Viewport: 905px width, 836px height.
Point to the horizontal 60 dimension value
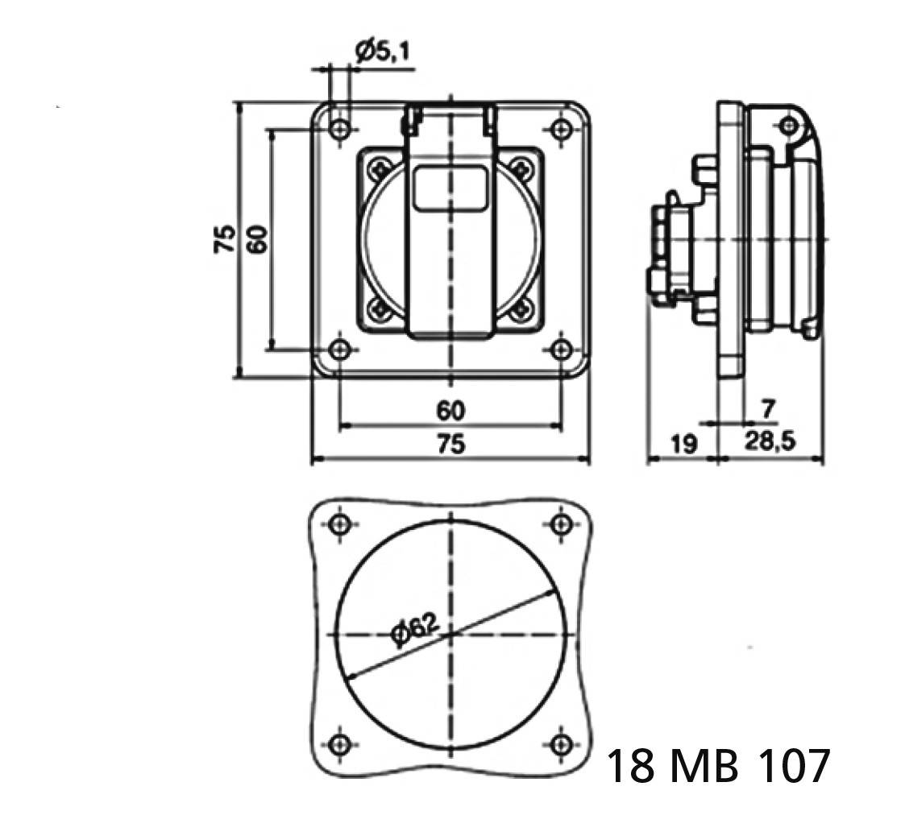[x=450, y=411]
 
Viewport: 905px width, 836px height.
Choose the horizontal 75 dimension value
[x=450, y=444]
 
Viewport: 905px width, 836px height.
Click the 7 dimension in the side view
[x=767, y=409]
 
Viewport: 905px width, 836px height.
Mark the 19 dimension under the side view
[x=683, y=444]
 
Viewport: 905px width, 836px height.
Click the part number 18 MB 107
[x=716, y=766]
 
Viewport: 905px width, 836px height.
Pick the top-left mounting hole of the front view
[x=341, y=129]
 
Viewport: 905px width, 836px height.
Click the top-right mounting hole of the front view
[x=561, y=129]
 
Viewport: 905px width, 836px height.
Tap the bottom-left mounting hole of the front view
[x=341, y=350]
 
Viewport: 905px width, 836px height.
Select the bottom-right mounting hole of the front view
[x=561, y=350]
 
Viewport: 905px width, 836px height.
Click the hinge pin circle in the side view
[x=788, y=126]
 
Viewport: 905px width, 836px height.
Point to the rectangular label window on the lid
[x=450, y=189]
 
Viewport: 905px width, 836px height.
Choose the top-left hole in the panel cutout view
[x=341, y=524]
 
